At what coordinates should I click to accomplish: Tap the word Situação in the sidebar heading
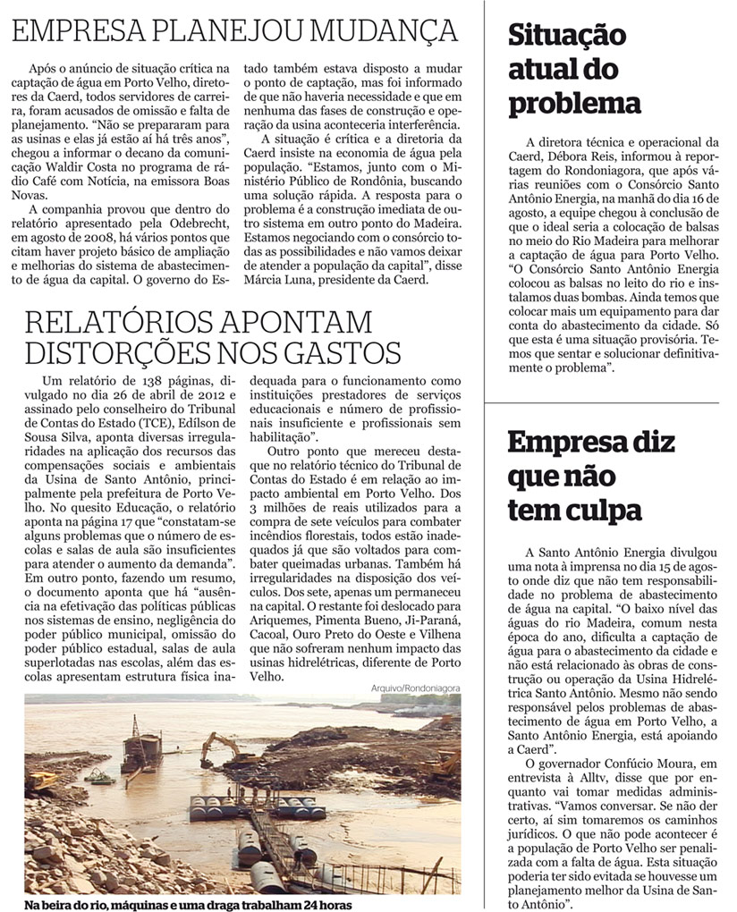tap(567, 37)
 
